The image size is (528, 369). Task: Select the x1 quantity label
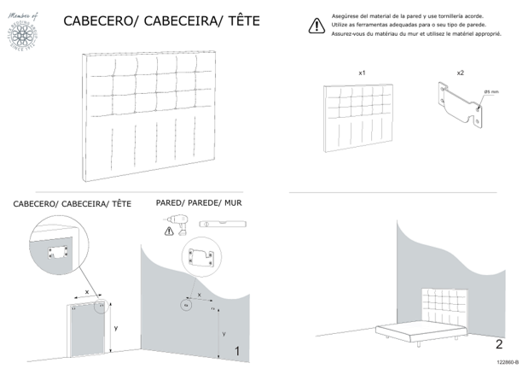pos(363,74)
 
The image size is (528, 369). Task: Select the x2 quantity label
pos(461,73)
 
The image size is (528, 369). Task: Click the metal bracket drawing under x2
pos(461,102)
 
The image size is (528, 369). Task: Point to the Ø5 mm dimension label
pos(491,91)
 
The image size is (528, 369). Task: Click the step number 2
pos(499,345)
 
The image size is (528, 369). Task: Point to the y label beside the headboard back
pos(116,327)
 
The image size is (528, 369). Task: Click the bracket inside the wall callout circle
pos(201,256)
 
